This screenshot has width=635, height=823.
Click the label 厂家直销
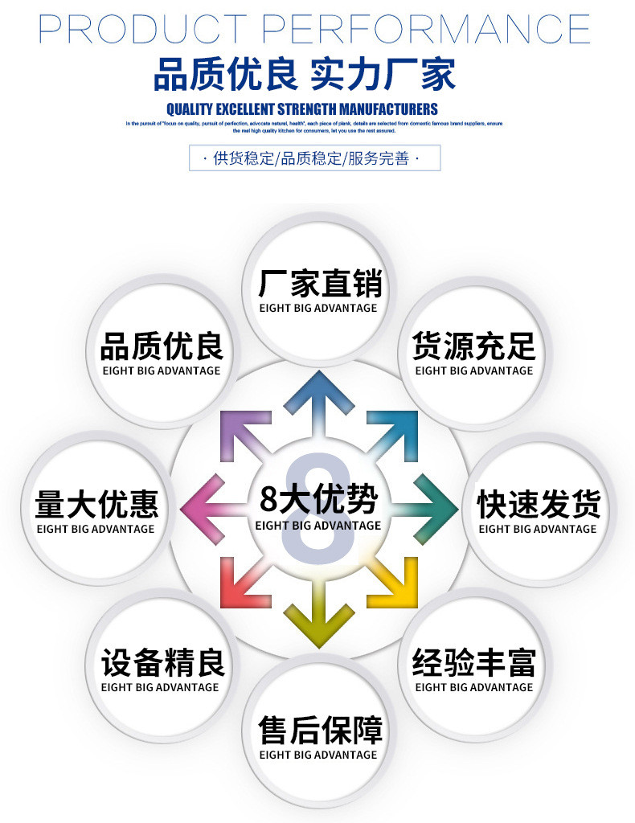[319, 285]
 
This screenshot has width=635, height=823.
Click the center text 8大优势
[319, 499]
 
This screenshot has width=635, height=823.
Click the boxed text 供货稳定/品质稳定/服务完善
[315, 158]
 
